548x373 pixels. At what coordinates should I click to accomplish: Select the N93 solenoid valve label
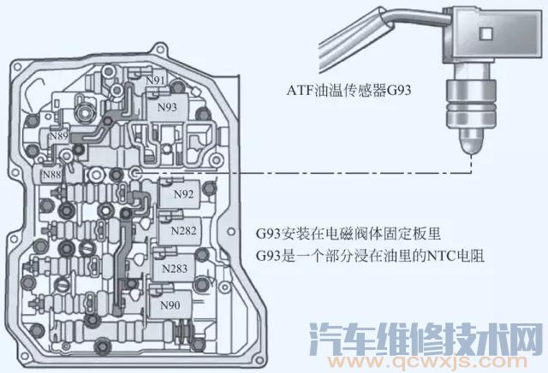pos(167,108)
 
